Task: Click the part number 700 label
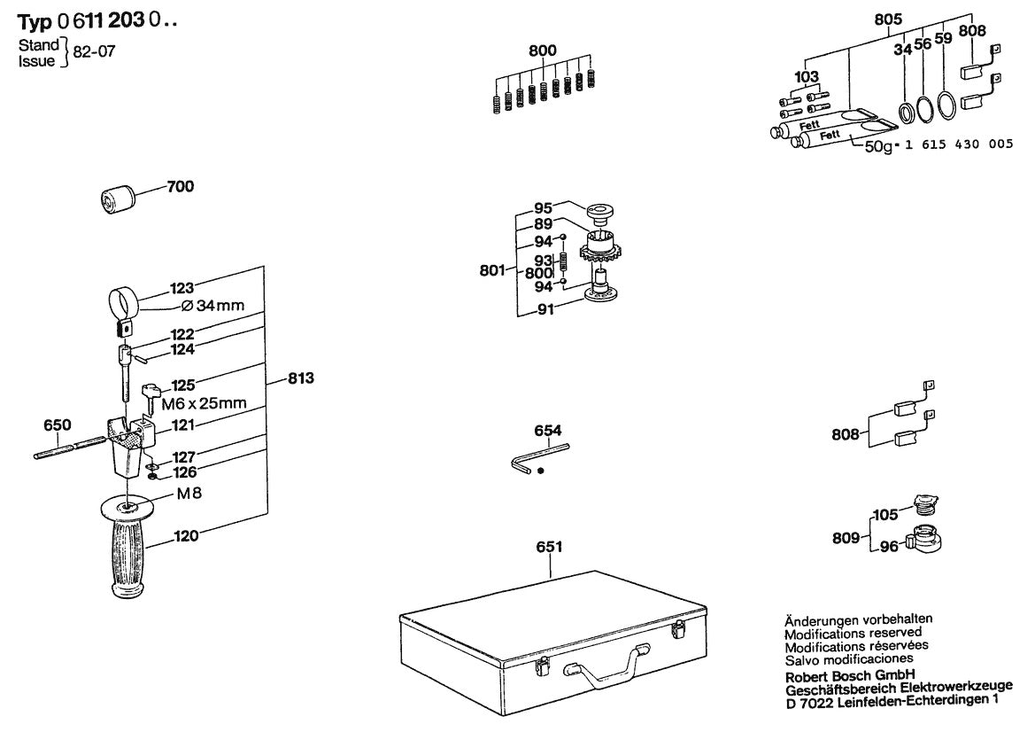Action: click(x=181, y=187)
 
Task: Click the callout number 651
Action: click(x=549, y=548)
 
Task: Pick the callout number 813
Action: click(x=301, y=378)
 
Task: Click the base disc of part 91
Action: click(x=606, y=295)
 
